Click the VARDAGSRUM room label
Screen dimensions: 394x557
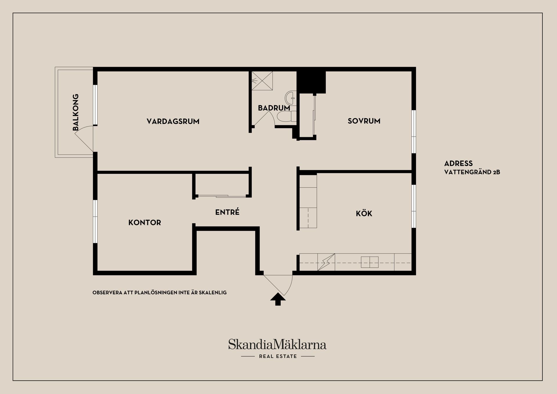coord(173,121)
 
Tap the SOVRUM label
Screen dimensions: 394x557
coord(364,121)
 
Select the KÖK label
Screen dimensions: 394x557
coord(364,214)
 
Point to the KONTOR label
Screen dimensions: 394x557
coord(144,223)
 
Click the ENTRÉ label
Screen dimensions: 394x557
coord(227,212)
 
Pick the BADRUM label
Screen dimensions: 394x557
coord(274,108)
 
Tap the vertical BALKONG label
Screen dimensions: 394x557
coord(75,112)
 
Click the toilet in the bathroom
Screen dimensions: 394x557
coord(286,117)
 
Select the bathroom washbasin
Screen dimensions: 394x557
coord(290,98)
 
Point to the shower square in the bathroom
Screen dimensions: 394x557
coord(262,81)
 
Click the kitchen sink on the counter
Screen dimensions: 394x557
coord(370,262)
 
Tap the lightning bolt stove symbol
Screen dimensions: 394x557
coord(326,262)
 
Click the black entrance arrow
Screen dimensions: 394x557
coord(278,299)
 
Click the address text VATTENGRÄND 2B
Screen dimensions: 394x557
coord(472,172)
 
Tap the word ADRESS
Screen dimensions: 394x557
coord(458,163)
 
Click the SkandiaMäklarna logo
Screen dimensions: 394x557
coord(277,344)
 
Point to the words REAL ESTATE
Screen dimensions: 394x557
coord(278,356)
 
